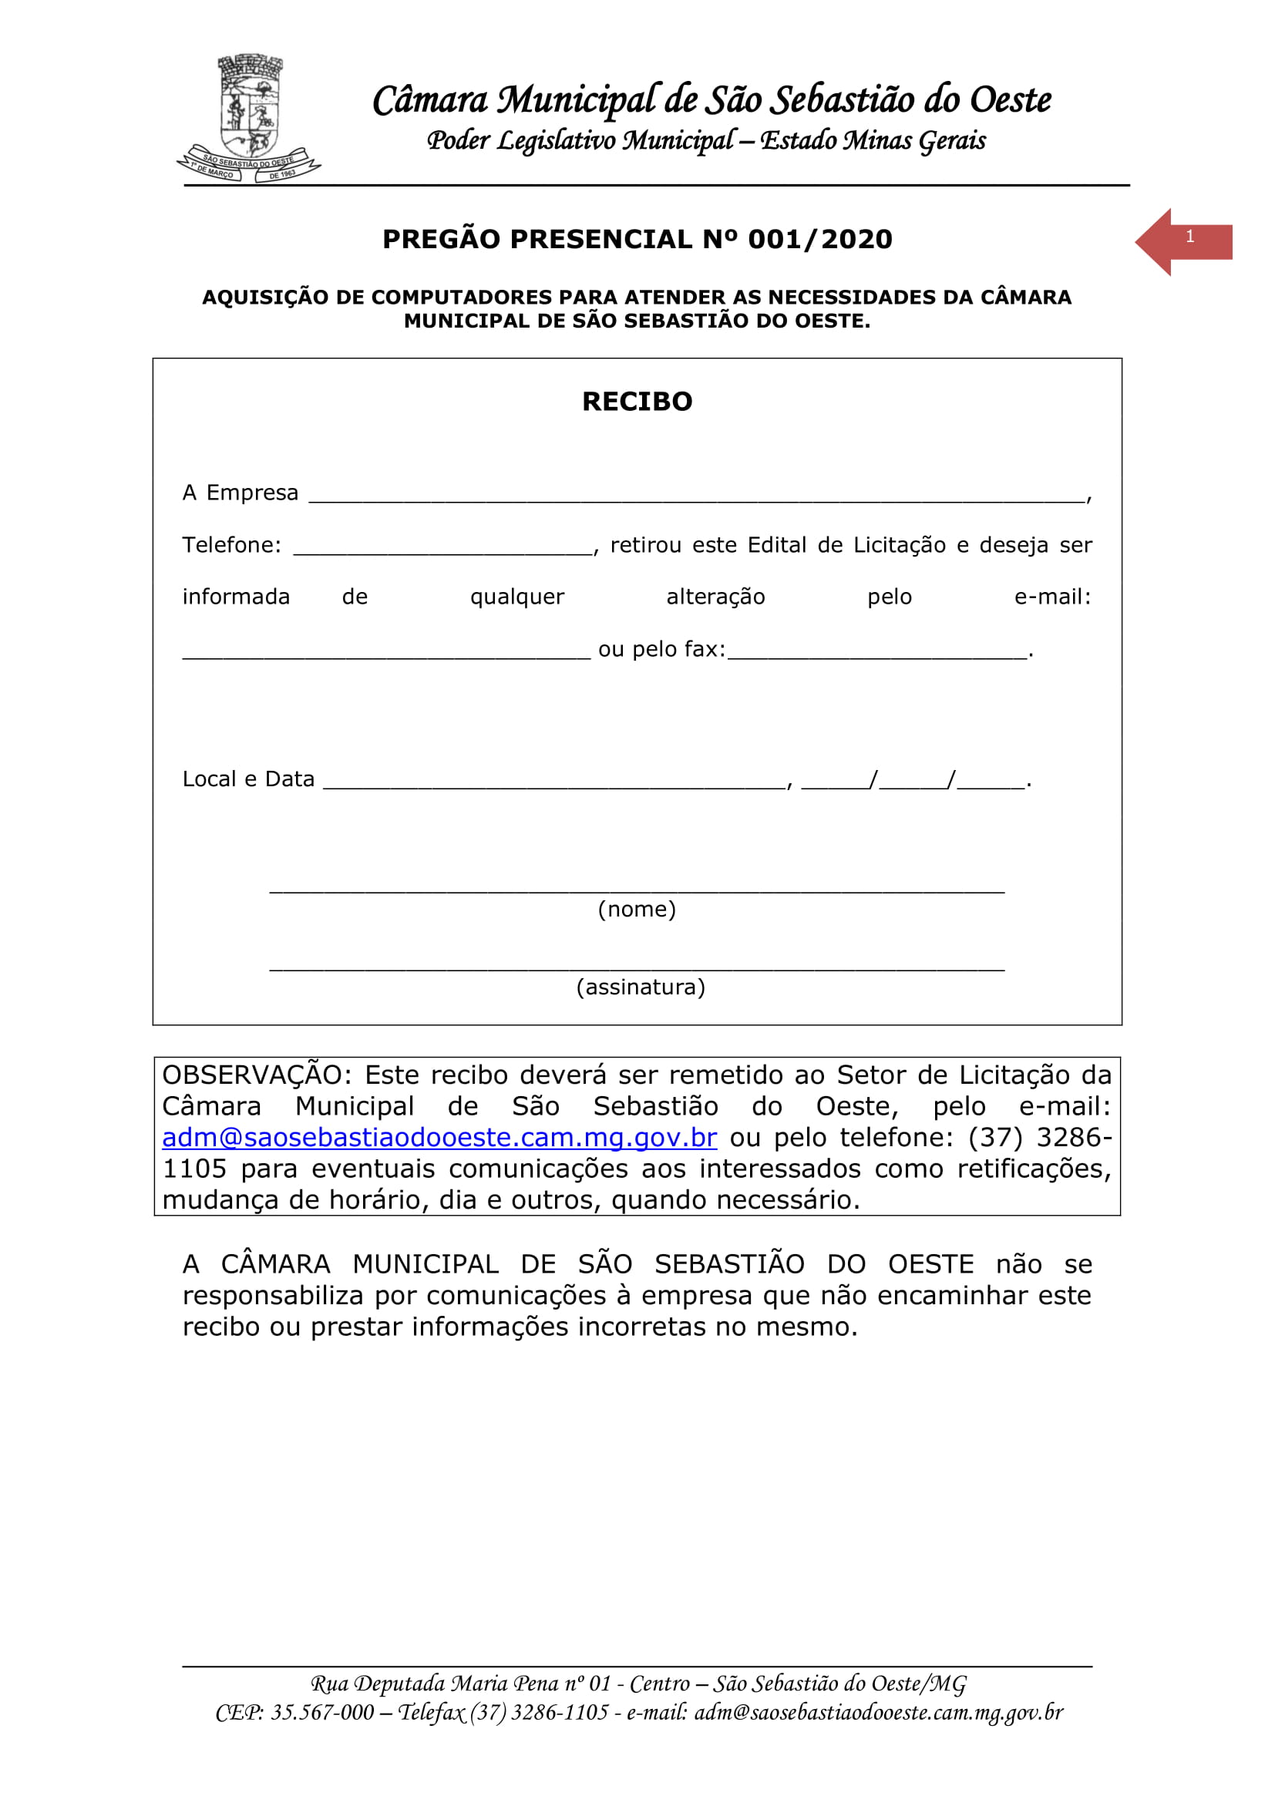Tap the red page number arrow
[x=1182, y=241]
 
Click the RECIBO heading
[x=637, y=402]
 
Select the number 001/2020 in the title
[x=819, y=239]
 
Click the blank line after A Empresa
[x=696, y=496]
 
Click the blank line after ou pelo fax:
[x=876, y=654]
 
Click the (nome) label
[x=637, y=909]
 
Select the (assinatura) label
[x=641, y=987]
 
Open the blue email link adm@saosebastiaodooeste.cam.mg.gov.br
[x=439, y=1137]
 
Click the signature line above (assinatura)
[x=637, y=969]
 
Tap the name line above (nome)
[x=637, y=891]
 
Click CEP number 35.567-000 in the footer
[x=322, y=1712]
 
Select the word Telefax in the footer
[x=431, y=1712]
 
